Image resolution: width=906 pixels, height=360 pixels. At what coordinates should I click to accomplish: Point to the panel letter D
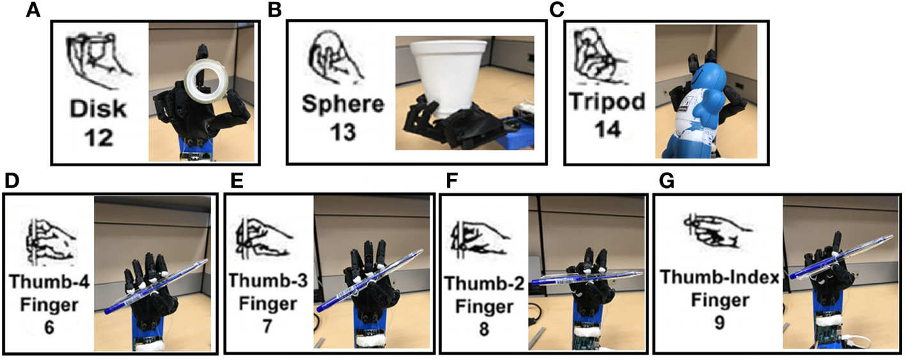(11, 182)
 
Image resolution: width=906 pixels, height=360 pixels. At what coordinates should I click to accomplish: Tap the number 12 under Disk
(98, 137)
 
